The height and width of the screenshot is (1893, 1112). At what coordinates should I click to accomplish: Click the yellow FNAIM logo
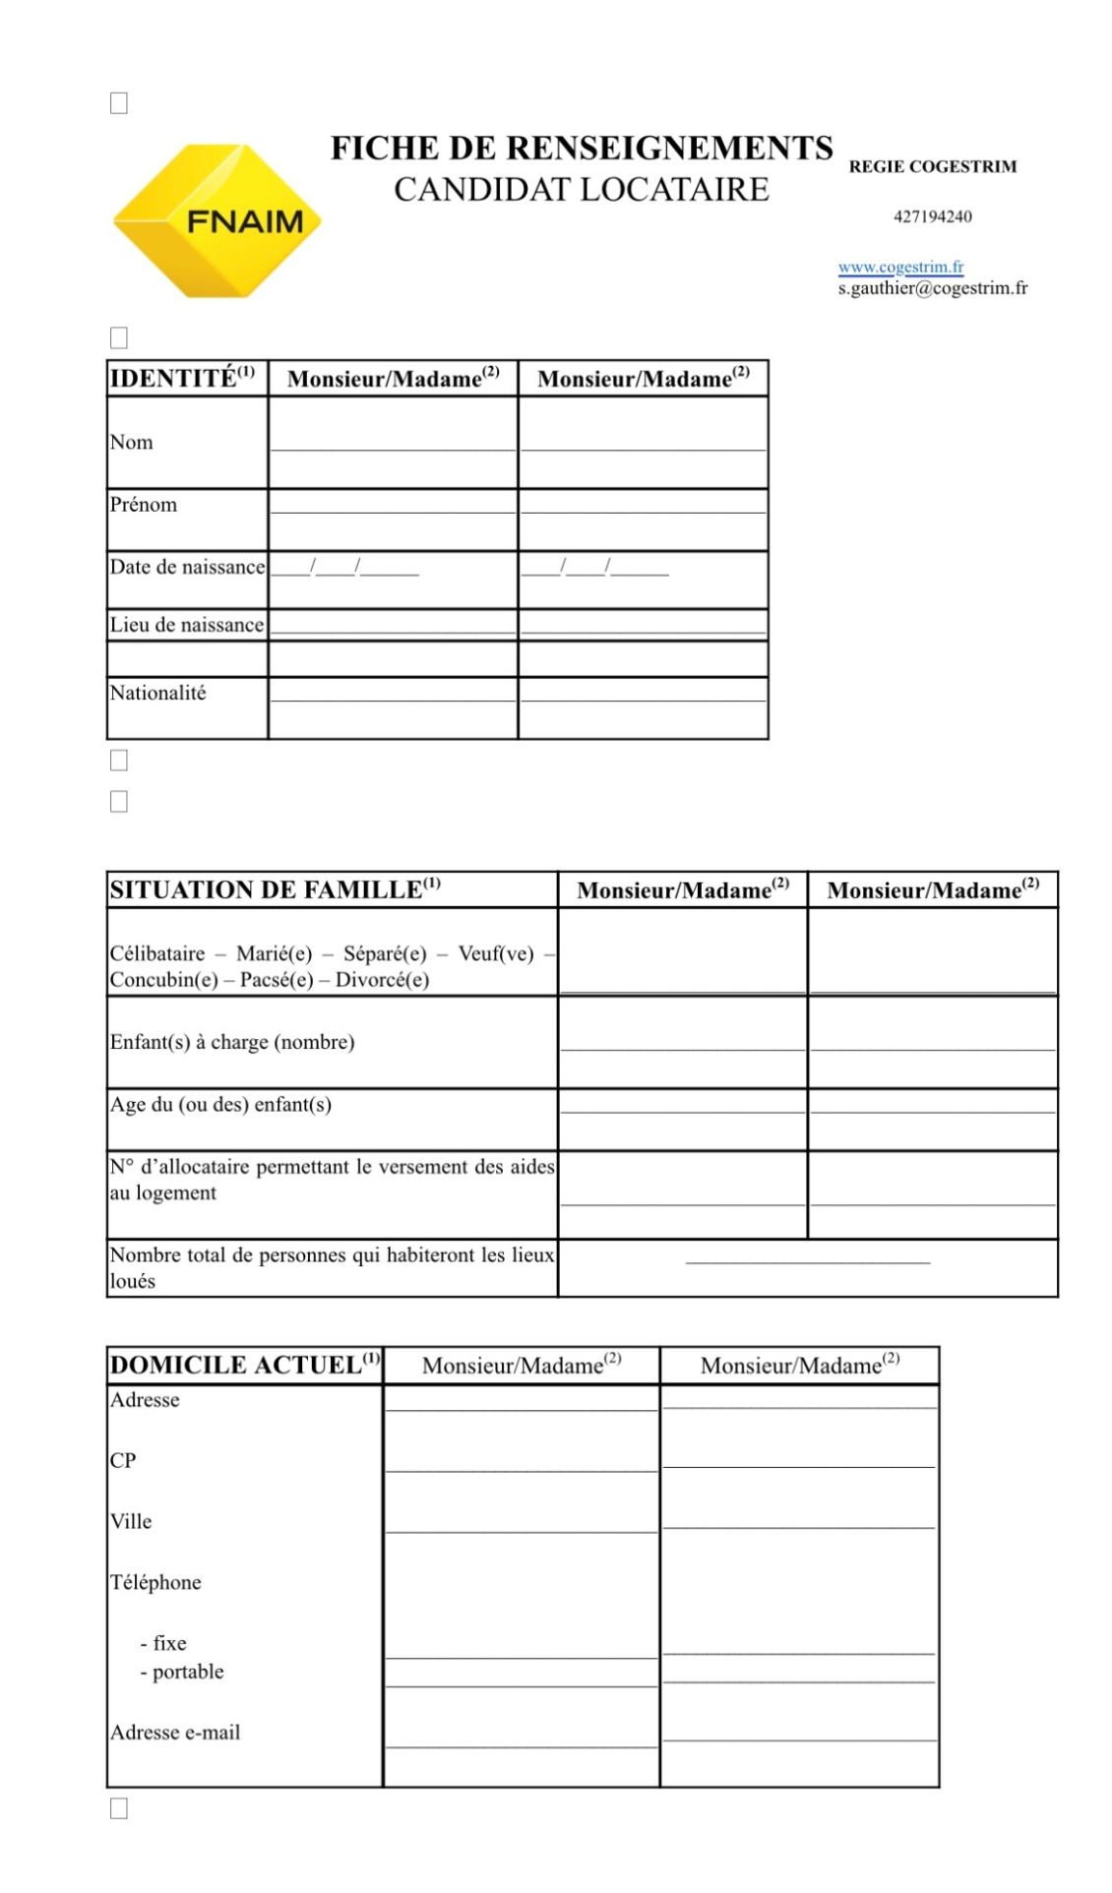pyautogui.click(x=217, y=221)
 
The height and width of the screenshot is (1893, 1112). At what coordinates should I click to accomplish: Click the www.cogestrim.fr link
pyautogui.click(x=900, y=267)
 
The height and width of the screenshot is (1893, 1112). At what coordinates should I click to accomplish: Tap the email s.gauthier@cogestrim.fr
pyautogui.click(x=932, y=288)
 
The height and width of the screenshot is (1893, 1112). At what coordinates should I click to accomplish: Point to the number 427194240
pyautogui.click(x=932, y=216)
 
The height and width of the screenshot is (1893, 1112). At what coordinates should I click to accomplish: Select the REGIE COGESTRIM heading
pyautogui.click(x=932, y=166)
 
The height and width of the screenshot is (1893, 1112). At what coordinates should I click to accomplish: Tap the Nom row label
pyautogui.click(x=132, y=442)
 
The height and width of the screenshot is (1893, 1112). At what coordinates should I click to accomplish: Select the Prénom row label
pyautogui.click(x=144, y=505)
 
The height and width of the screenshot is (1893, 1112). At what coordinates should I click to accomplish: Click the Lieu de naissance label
pyautogui.click(x=187, y=625)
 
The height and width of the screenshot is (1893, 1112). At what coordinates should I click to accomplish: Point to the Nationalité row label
pyautogui.click(x=158, y=693)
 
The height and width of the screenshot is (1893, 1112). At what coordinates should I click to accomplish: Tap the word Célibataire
pyautogui.click(x=157, y=953)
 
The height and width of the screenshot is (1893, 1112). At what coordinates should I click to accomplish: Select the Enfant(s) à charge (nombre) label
pyautogui.click(x=232, y=1042)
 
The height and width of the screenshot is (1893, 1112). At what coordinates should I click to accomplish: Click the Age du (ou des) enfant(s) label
pyautogui.click(x=220, y=1104)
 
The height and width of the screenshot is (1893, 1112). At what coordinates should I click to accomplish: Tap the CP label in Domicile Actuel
pyautogui.click(x=123, y=1460)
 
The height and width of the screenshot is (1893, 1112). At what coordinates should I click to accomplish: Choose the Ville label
pyautogui.click(x=131, y=1521)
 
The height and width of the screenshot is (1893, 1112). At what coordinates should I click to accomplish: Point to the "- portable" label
pyautogui.click(x=183, y=1672)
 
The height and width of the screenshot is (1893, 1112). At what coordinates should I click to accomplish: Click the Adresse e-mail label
pyautogui.click(x=175, y=1732)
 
